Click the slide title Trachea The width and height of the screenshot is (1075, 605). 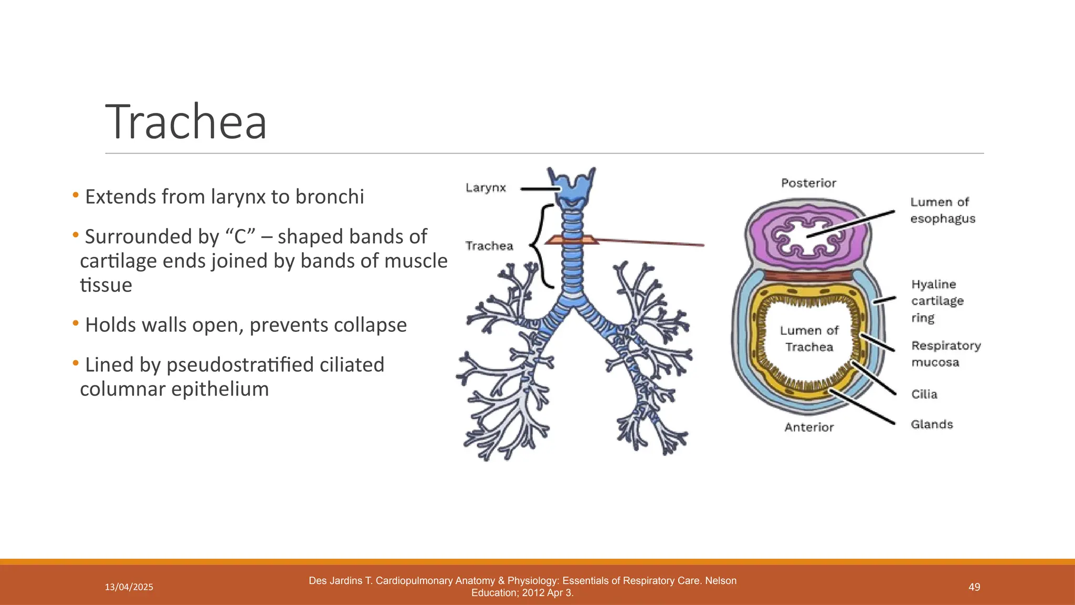click(x=186, y=122)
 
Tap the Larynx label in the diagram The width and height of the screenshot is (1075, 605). click(x=486, y=187)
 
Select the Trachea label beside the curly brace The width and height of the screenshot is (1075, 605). click(x=489, y=246)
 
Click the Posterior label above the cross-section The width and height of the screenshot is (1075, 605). click(x=808, y=183)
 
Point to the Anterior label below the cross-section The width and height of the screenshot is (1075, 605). click(x=809, y=427)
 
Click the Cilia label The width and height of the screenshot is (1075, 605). click(x=924, y=394)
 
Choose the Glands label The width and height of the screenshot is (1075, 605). click(x=931, y=424)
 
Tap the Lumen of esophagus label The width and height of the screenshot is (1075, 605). click(x=942, y=210)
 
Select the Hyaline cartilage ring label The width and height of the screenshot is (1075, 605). click(x=937, y=301)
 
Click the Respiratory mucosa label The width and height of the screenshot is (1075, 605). click(x=945, y=353)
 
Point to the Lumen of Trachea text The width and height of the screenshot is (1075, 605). click(x=809, y=338)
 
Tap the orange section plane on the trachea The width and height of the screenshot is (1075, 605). click(x=572, y=240)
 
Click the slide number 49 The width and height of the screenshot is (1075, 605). click(x=974, y=587)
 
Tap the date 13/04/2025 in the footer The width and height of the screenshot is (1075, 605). click(x=129, y=587)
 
